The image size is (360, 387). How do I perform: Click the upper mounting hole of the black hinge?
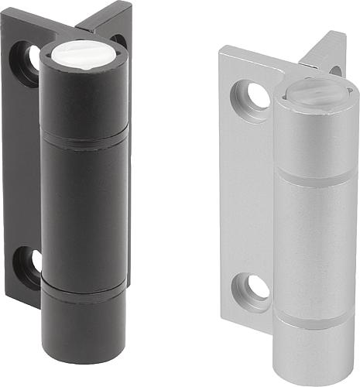pos(30,61)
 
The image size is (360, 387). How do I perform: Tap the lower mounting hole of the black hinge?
pos(29,263)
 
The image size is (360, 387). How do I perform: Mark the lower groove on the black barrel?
pos(83,288)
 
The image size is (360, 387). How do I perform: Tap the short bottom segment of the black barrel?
pos(84,317)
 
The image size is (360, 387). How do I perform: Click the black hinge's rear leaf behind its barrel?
pos(116,19)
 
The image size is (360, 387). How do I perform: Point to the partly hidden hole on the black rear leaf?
pos(118,39)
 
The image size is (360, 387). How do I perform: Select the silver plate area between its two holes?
pos(248,193)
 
